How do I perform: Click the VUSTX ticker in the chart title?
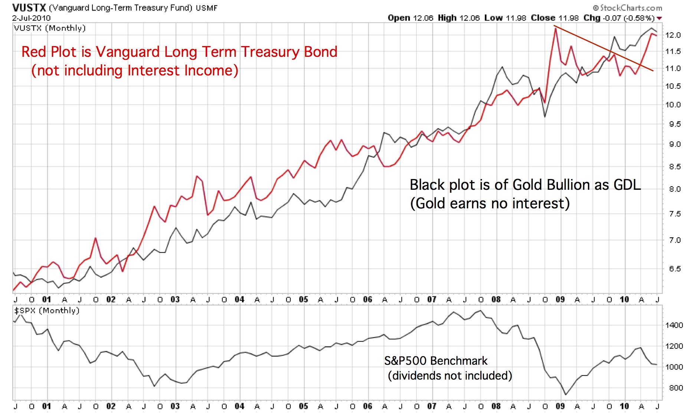29,7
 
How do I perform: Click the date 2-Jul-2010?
31,18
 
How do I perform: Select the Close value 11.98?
569,18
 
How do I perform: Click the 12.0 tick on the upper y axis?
673,35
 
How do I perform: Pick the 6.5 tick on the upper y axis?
675,269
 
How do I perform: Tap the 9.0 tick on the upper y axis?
675,144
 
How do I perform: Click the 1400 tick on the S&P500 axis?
674,325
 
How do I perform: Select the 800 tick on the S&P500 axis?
676,388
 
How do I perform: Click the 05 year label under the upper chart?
303,299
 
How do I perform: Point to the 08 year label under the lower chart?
496,406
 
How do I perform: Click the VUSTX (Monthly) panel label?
50,28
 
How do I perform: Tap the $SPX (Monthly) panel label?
47,310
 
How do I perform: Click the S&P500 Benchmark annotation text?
436,361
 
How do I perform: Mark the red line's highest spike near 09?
555,28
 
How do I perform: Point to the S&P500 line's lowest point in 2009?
566,395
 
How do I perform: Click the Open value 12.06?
423,18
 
